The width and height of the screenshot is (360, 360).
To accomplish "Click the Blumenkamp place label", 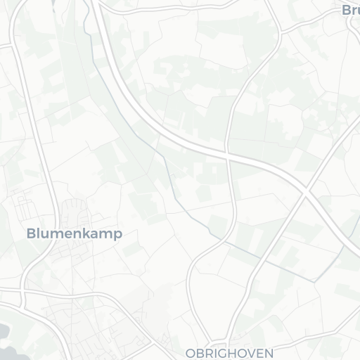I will tap(74, 233).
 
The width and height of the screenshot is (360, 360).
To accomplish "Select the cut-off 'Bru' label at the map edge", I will tap(350, 10).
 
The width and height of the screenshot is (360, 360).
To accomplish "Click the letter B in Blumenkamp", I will tap(31, 233).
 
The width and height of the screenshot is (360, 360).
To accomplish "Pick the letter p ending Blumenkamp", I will tap(117, 234).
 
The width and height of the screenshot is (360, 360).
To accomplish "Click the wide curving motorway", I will tap(141, 112).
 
